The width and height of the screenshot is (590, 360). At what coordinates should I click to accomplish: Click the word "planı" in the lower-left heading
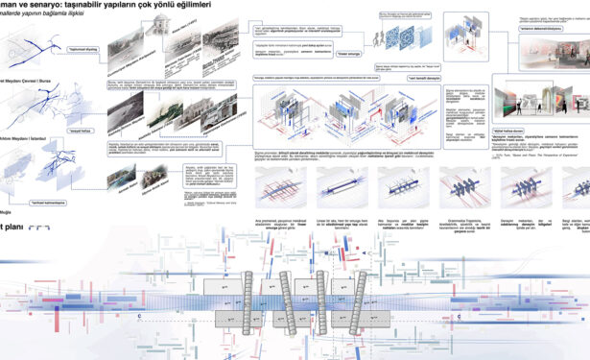tap(10, 229)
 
